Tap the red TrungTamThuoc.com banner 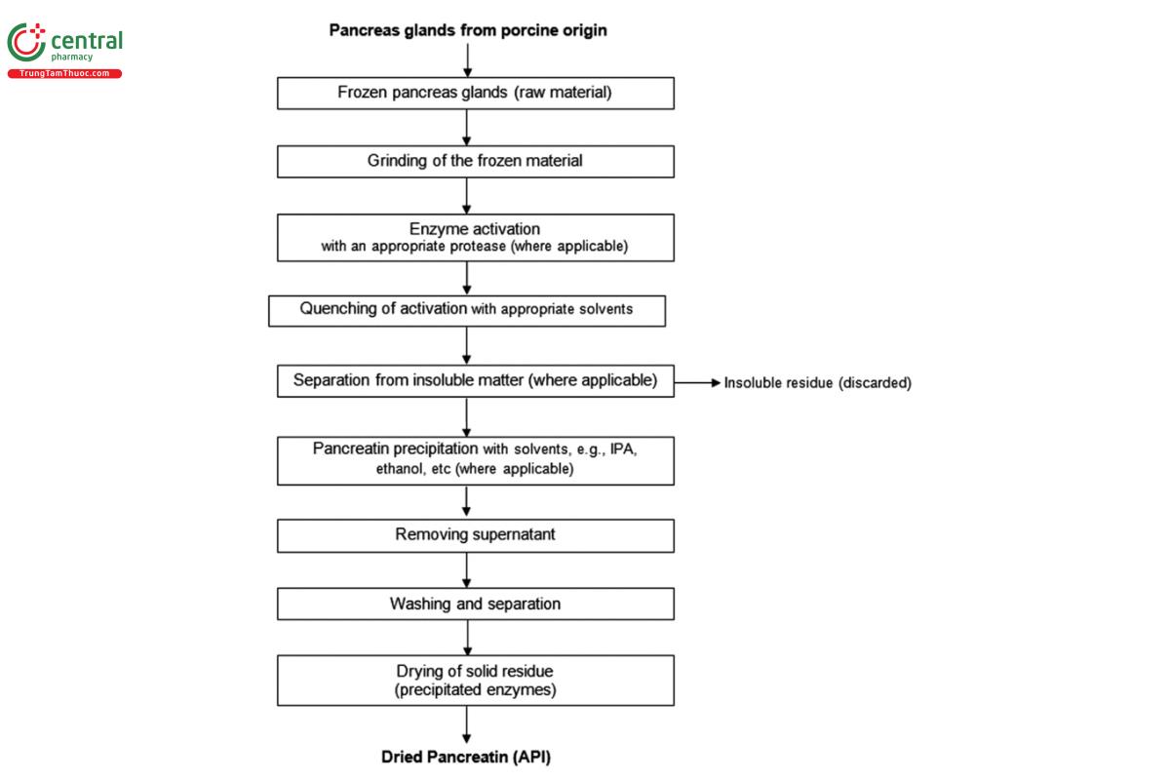[64, 74]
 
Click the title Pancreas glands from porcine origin [468, 30]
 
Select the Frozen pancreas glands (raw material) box [475, 94]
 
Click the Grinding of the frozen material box [475, 162]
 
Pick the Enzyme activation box [475, 237]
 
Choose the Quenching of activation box [467, 310]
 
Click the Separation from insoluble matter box [475, 380]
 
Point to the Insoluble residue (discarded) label [817, 383]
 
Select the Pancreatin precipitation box [475, 459]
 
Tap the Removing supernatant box [475, 535]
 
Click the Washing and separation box [475, 604]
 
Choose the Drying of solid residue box [475, 680]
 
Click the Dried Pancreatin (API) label [472, 757]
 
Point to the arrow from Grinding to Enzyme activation [468, 195]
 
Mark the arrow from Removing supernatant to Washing [468, 569]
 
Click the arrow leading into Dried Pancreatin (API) [468, 724]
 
